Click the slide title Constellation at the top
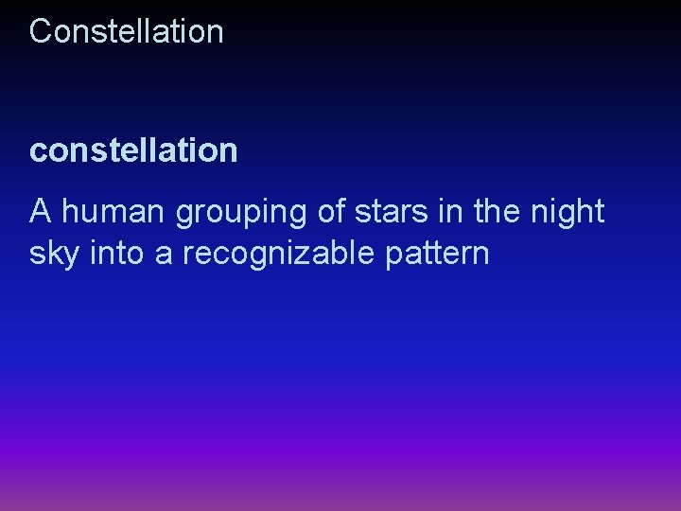(x=127, y=31)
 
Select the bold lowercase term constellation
(x=133, y=150)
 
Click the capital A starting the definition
(x=41, y=212)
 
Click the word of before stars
(x=332, y=212)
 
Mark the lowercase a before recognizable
(x=164, y=255)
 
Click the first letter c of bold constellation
(x=38, y=151)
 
